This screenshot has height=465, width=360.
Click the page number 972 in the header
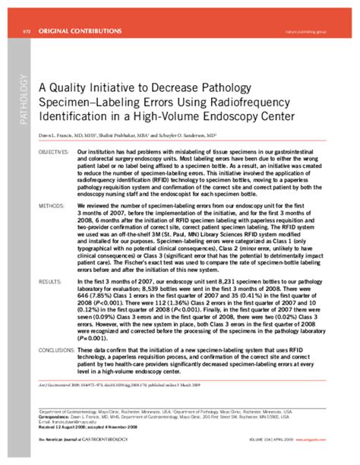tap(27, 31)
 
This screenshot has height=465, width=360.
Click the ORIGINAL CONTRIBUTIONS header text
tap(79, 31)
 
